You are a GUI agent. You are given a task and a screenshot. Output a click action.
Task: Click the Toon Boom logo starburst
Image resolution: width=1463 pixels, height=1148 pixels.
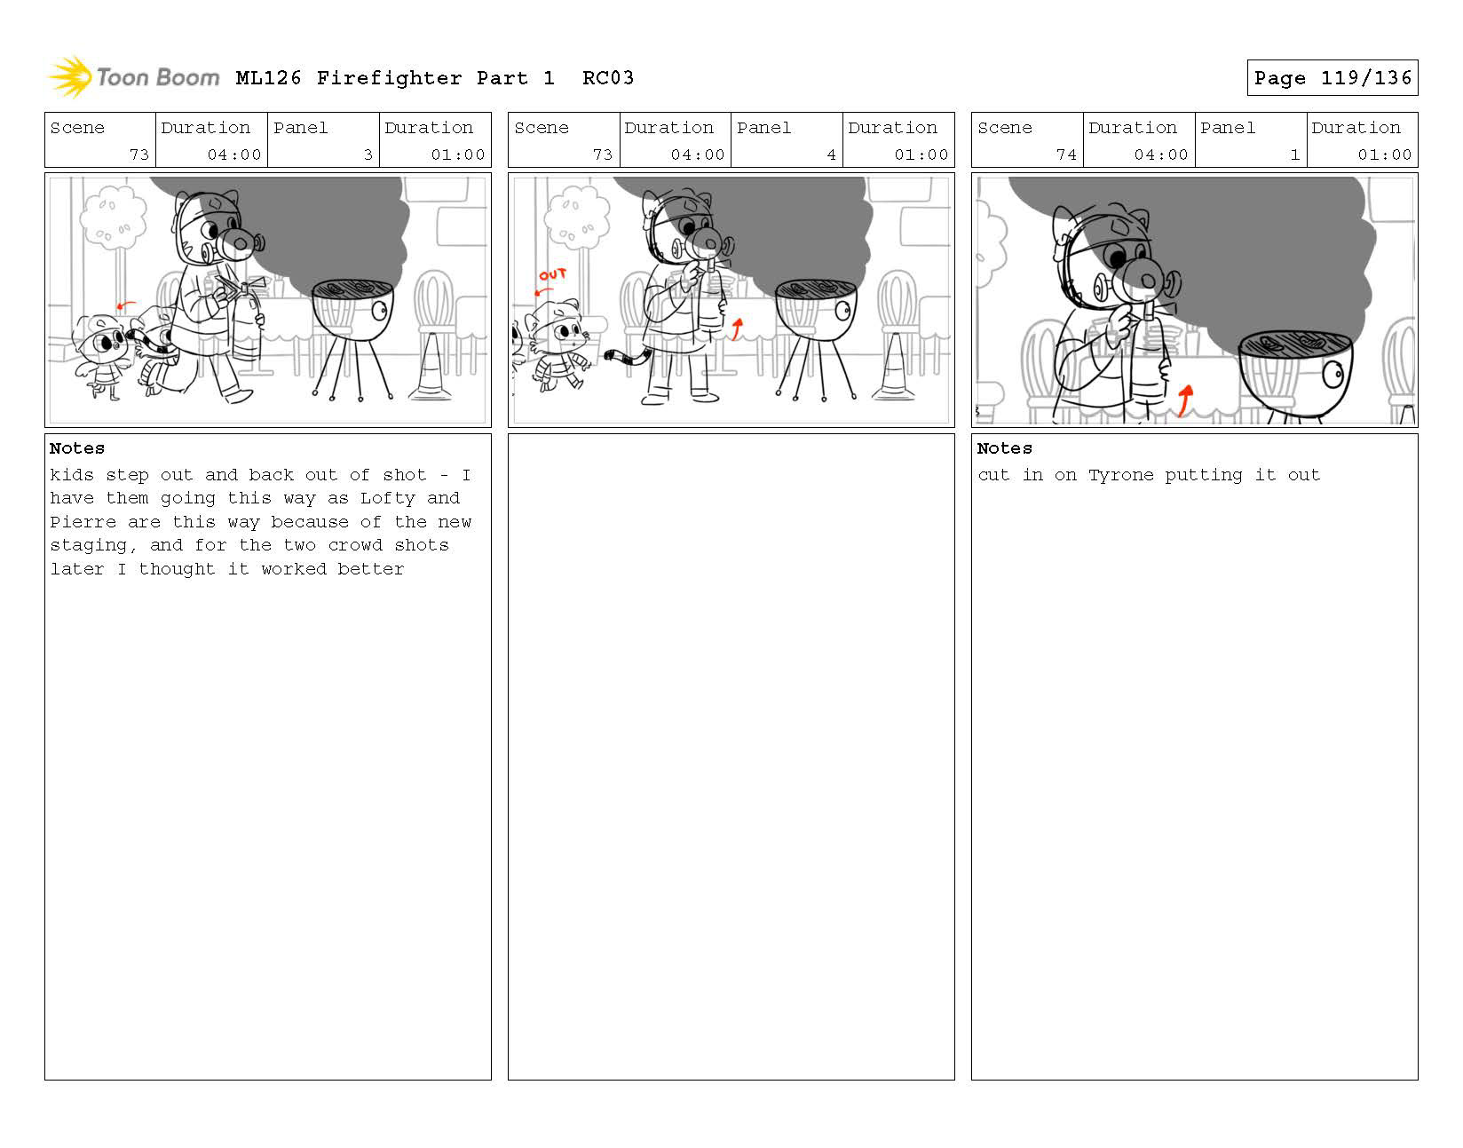tap(70, 76)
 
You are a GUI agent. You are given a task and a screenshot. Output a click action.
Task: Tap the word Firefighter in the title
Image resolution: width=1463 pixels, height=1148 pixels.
tap(389, 78)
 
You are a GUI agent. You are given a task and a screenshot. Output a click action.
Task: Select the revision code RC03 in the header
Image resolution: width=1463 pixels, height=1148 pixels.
tap(608, 78)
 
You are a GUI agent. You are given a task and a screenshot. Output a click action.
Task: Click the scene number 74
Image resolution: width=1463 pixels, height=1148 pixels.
tap(1066, 154)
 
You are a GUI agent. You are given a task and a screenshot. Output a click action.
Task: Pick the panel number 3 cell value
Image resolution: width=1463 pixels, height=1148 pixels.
tap(368, 154)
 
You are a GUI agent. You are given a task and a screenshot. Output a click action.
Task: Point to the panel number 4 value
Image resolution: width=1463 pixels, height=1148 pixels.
tap(831, 154)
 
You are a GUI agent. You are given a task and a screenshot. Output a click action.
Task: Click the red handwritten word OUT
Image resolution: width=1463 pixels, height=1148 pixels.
tap(552, 274)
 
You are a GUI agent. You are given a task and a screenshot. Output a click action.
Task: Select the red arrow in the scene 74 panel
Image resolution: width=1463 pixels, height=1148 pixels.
tap(1184, 400)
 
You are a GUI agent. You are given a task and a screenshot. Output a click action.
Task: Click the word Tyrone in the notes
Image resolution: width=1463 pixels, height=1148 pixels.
tap(1120, 475)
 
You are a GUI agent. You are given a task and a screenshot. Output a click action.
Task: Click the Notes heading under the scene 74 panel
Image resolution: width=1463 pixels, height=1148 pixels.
tap(1004, 448)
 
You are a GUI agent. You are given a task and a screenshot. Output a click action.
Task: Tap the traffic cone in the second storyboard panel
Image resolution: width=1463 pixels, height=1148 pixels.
tap(894, 367)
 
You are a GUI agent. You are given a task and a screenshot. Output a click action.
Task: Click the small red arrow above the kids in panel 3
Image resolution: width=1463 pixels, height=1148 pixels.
tap(126, 306)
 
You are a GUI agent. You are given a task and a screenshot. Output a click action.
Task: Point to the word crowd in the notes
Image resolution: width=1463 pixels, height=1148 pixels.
tap(355, 545)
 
